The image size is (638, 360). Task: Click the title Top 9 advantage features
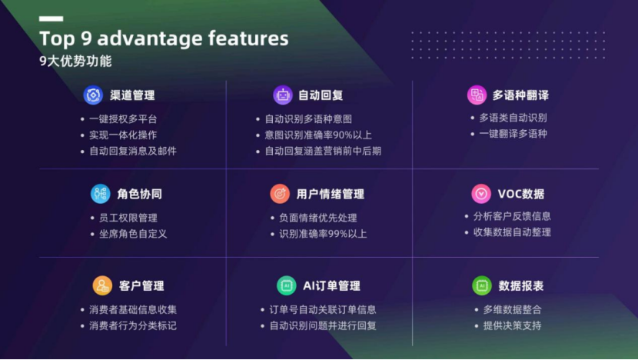click(x=164, y=38)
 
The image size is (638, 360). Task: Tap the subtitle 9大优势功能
click(x=75, y=62)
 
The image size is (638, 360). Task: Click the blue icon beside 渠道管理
click(x=93, y=95)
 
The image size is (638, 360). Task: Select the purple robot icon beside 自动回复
click(x=283, y=95)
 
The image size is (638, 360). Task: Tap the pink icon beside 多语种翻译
click(x=477, y=95)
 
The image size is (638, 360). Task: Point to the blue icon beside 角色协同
click(x=100, y=194)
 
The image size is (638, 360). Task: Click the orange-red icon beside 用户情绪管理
click(x=280, y=194)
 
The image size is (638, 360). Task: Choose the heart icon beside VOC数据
click(x=480, y=194)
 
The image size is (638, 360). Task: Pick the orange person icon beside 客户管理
click(x=102, y=285)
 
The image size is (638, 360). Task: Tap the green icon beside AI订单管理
click(x=287, y=285)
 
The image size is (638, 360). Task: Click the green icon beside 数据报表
click(x=481, y=285)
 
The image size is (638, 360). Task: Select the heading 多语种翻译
click(x=520, y=95)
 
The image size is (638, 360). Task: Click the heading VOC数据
click(x=521, y=194)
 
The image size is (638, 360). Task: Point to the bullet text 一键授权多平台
click(x=123, y=119)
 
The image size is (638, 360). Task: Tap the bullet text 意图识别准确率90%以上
click(x=318, y=135)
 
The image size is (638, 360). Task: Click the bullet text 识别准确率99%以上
click(x=323, y=234)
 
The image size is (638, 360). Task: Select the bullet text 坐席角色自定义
click(x=128, y=234)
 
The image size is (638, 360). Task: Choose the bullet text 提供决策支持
click(x=512, y=325)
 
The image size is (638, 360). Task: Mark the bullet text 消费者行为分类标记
click(x=132, y=325)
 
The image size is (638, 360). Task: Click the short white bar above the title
click(x=51, y=18)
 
